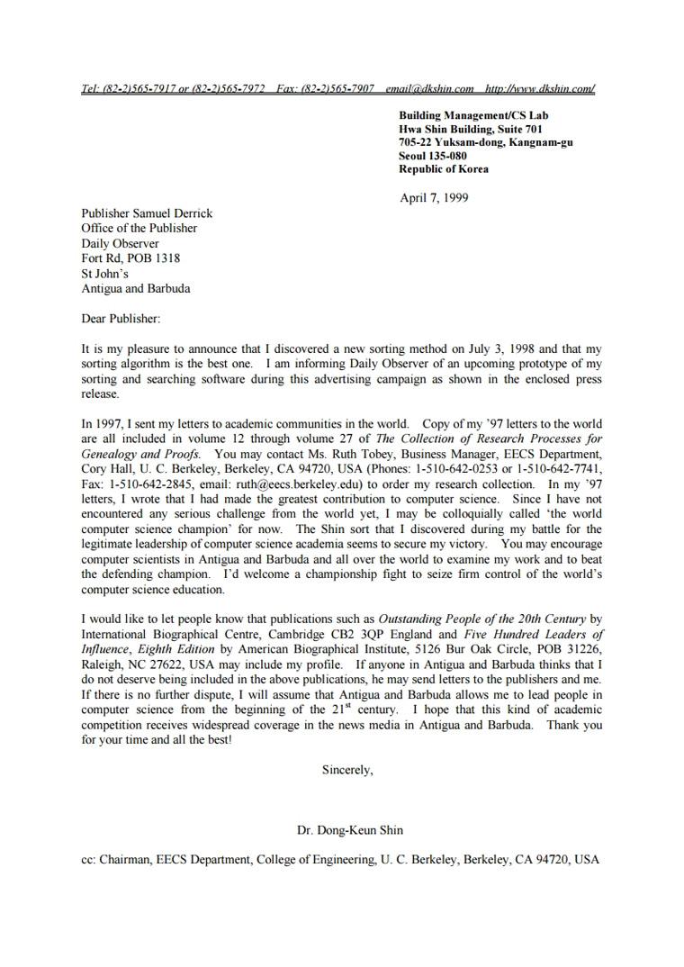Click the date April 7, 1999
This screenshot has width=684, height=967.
[x=434, y=198]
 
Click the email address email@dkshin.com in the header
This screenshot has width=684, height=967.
[x=429, y=89]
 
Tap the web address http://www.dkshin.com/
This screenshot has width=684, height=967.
[x=539, y=89]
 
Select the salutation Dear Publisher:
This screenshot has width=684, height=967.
[x=121, y=319]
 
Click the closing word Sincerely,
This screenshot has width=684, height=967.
[x=346, y=770]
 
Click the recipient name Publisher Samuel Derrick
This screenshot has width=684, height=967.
[x=147, y=213]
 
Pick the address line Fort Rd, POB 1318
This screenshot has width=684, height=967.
[x=130, y=258]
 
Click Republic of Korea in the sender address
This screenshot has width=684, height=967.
[x=444, y=168]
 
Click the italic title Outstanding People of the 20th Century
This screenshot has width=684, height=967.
[x=482, y=619]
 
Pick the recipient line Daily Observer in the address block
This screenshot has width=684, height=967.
[x=121, y=243]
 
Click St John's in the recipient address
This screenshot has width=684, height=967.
[x=105, y=274]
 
